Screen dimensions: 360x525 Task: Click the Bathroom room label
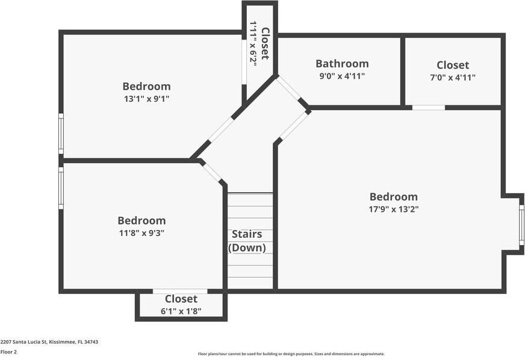(x=342, y=64)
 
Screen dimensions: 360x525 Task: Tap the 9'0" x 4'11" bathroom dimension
(x=342, y=76)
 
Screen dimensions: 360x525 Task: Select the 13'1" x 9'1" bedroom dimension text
(x=146, y=99)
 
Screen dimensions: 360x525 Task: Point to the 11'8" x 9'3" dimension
(x=141, y=233)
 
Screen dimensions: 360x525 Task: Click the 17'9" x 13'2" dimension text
(x=393, y=209)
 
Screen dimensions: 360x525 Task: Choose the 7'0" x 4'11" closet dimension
(x=452, y=78)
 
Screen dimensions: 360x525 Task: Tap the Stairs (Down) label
(x=247, y=241)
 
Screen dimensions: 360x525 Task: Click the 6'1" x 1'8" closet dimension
(x=181, y=311)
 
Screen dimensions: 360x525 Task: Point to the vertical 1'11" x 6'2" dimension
(x=253, y=43)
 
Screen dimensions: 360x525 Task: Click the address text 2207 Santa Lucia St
(x=49, y=342)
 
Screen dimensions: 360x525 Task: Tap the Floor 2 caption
(x=8, y=352)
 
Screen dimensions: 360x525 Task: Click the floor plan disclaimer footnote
(x=291, y=354)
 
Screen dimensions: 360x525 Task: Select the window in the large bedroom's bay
(x=521, y=225)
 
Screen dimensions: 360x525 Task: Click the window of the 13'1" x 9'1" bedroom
(x=61, y=134)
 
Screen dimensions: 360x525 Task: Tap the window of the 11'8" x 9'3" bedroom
(x=61, y=187)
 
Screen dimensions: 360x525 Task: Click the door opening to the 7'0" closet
(x=428, y=108)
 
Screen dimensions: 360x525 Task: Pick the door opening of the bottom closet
(x=180, y=291)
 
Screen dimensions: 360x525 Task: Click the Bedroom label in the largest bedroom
(x=393, y=197)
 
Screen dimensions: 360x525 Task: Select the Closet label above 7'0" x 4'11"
(x=453, y=65)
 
